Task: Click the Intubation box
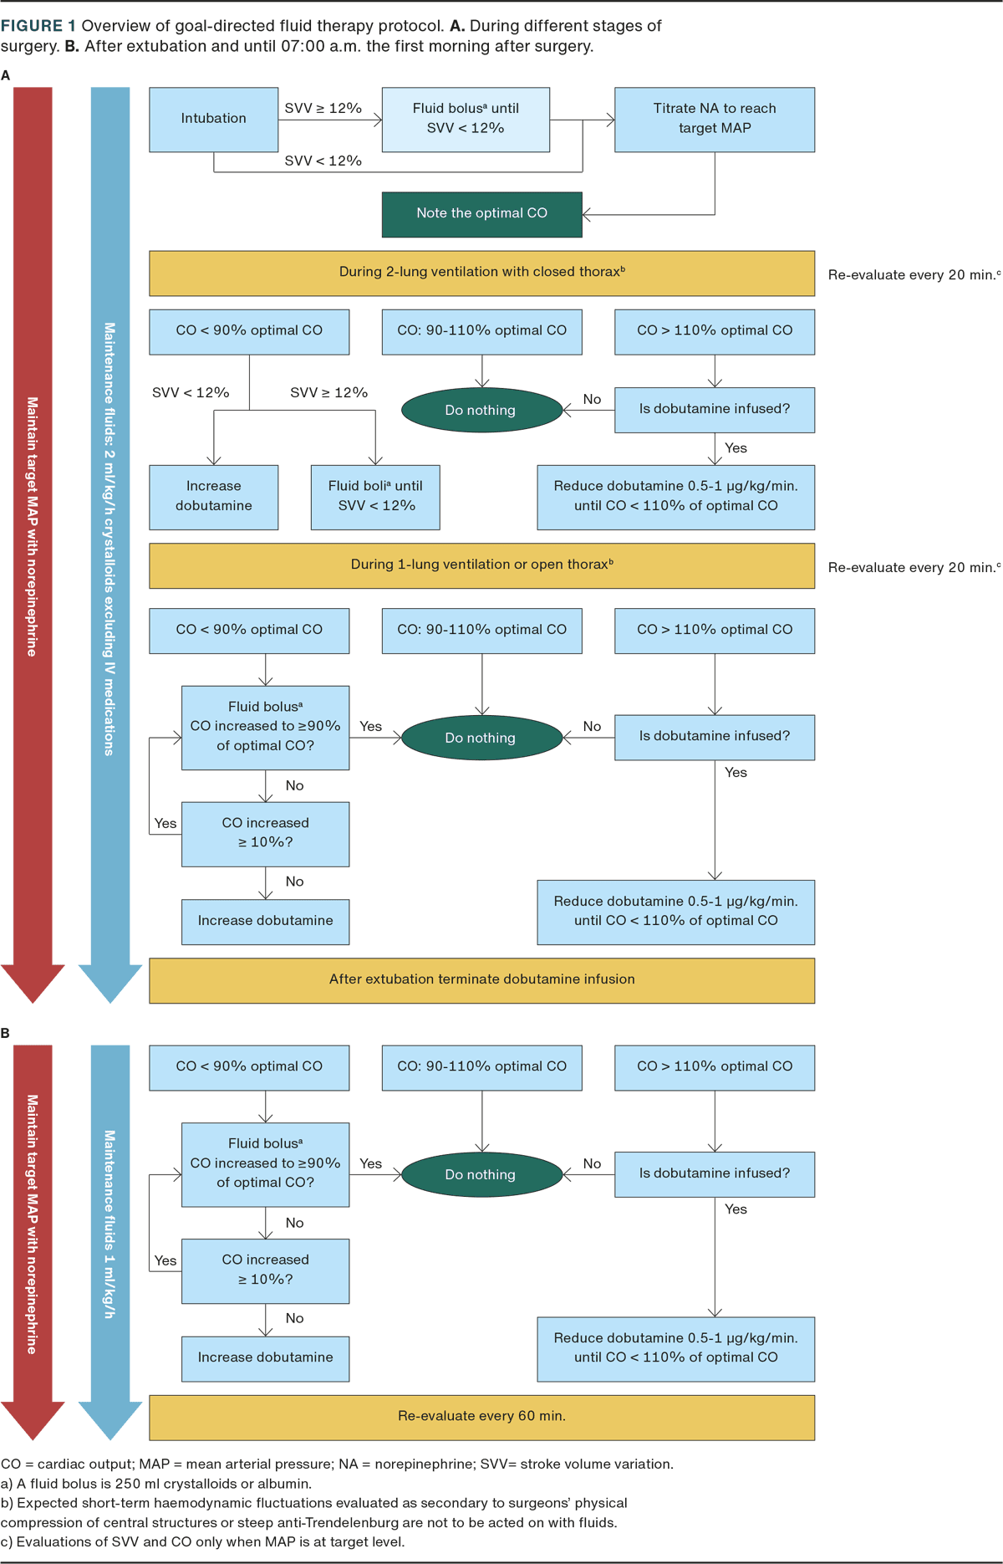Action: pyautogui.click(x=214, y=120)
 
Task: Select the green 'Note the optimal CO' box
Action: pyautogui.click(x=481, y=214)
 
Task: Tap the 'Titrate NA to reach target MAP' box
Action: pyautogui.click(x=715, y=119)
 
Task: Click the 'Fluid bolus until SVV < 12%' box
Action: pyautogui.click(x=466, y=119)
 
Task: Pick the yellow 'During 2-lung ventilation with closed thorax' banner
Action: pyautogui.click(x=481, y=273)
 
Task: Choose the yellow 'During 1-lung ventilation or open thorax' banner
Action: pyautogui.click(x=481, y=565)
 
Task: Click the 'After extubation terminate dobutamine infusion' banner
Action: pyautogui.click(x=481, y=979)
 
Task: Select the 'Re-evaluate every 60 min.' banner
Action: pyautogui.click(x=481, y=1416)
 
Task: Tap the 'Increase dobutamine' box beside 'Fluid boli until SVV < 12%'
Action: pyautogui.click(x=214, y=497)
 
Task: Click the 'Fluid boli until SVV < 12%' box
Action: pyautogui.click(x=375, y=497)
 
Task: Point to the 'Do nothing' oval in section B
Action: pyautogui.click(x=481, y=1174)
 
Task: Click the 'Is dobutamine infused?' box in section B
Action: pyautogui.click(x=715, y=1173)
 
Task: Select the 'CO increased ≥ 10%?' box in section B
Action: pyautogui.click(x=265, y=1270)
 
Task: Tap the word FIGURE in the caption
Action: pyautogui.click(x=32, y=26)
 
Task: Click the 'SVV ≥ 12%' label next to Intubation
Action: pyautogui.click(x=323, y=109)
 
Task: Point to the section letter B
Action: pyautogui.click(x=6, y=1034)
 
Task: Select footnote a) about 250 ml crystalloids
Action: pyautogui.click(x=156, y=1484)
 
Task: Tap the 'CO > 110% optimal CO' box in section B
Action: pyautogui.click(x=715, y=1066)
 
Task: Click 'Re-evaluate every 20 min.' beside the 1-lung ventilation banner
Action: pyautogui.click(x=914, y=568)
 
